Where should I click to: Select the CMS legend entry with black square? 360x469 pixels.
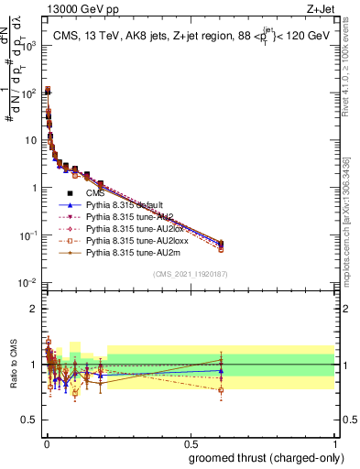point(95,193)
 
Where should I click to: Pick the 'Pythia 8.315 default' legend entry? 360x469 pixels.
point(125,205)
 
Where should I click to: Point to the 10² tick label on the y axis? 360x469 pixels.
point(30,92)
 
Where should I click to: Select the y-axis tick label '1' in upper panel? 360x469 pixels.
point(35,188)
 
